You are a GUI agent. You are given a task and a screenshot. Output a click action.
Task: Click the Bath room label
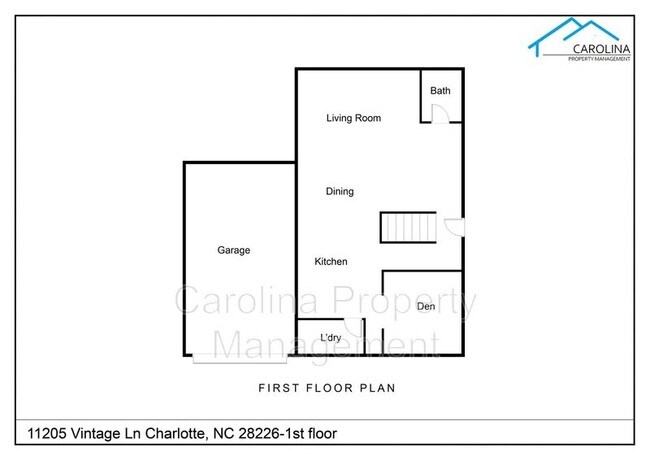point(440,90)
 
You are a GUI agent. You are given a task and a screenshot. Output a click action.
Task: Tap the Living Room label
point(354,118)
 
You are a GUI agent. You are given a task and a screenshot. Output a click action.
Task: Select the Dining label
point(340,191)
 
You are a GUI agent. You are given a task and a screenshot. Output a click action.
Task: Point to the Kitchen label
point(331,261)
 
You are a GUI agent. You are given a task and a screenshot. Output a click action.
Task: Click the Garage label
point(234,250)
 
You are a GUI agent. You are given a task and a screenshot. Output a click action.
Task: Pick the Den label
point(426,306)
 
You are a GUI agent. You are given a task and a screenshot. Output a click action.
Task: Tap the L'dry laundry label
point(330,337)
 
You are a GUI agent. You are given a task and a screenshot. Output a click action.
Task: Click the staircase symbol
point(408,227)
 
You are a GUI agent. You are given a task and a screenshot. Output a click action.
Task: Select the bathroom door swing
point(440,114)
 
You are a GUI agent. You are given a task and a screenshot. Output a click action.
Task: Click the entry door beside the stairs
point(454,227)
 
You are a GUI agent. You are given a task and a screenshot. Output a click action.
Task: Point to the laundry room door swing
point(353,327)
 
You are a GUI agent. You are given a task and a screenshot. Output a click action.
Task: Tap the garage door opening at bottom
point(240,359)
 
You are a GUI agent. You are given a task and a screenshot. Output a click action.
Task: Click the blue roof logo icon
point(572,36)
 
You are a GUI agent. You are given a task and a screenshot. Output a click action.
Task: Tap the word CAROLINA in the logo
point(601,49)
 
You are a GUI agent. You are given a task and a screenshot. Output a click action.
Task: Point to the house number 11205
point(46,433)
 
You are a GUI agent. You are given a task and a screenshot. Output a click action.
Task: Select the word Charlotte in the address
point(175,433)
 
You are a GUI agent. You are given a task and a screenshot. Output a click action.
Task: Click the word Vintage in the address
point(95,433)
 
